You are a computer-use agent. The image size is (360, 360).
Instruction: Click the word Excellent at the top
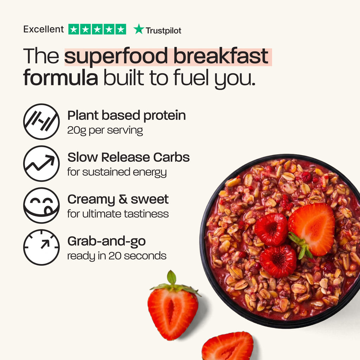tap(44, 30)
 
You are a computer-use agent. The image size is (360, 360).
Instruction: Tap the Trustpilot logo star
tap(139, 29)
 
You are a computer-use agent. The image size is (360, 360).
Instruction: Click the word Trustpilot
tap(163, 31)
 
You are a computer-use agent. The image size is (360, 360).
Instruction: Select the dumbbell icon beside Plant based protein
tap(41, 121)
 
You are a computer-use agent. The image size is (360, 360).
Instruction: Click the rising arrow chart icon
tap(41, 163)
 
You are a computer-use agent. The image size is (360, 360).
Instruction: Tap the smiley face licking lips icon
tap(41, 205)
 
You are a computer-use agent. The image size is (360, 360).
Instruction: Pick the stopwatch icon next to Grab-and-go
tap(41, 247)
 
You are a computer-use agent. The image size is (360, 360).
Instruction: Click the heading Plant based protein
tap(127, 115)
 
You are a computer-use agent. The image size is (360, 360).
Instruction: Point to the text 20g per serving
tap(105, 130)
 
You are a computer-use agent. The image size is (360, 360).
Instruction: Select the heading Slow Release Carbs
tap(129, 157)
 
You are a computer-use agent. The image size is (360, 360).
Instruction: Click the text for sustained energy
tap(117, 172)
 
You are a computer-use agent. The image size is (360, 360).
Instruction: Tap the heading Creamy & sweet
tap(118, 199)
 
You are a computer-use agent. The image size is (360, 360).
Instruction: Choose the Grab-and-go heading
tap(107, 241)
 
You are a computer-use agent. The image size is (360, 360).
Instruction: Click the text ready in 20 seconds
tap(117, 256)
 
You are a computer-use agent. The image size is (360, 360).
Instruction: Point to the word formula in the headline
tap(60, 77)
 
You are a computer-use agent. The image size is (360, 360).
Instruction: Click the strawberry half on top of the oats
tap(311, 230)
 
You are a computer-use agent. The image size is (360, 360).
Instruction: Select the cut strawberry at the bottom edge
tap(227, 346)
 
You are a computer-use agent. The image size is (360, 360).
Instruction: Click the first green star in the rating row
tap(74, 29)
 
